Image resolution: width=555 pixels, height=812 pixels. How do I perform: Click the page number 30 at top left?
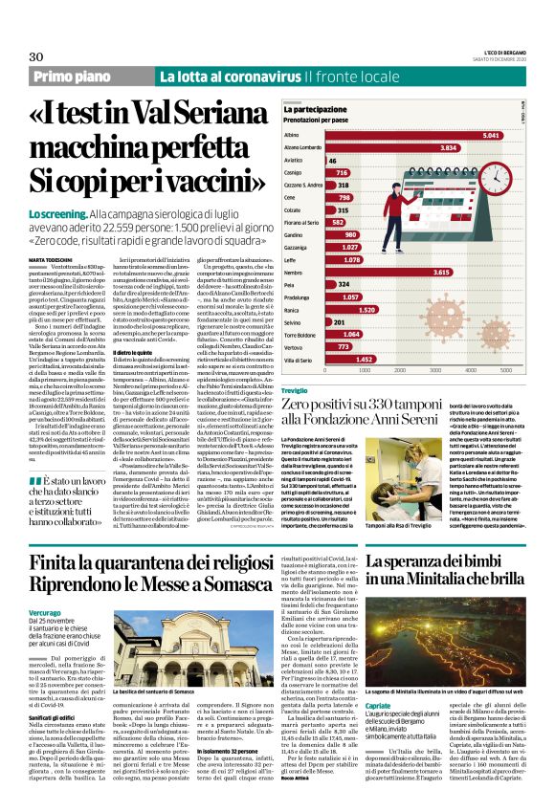coord(35,56)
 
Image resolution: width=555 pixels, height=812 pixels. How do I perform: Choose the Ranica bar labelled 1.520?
coord(350,309)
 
